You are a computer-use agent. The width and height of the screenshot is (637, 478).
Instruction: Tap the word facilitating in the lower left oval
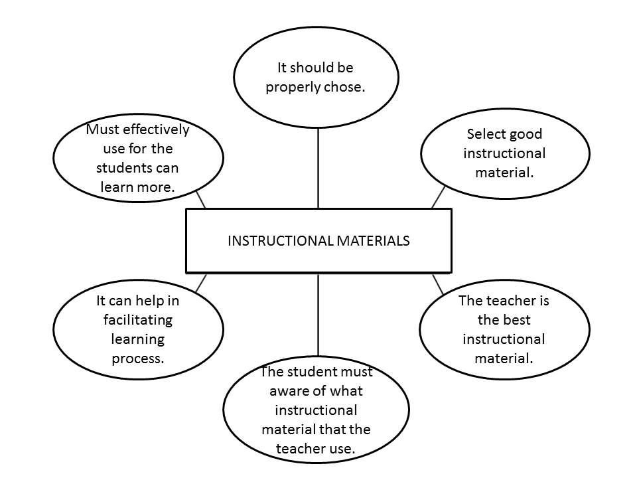(x=138, y=320)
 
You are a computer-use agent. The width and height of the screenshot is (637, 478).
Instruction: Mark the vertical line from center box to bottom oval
(x=318, y=315)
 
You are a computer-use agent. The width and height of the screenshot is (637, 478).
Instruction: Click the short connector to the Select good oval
(x=438, y=197)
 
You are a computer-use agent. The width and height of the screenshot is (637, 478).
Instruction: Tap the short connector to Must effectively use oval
(x=201, y=199)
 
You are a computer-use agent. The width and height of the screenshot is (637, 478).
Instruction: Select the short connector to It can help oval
(x=201, y=283)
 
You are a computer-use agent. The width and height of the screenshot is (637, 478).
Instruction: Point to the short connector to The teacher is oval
(x=438, y=283)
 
